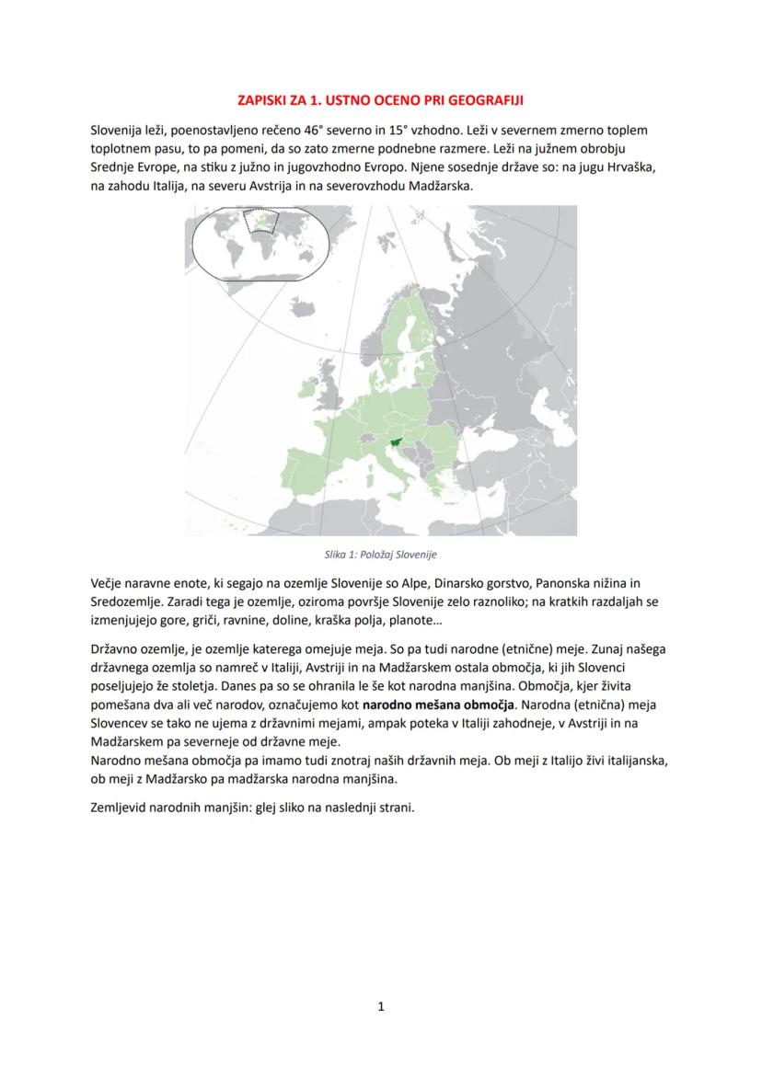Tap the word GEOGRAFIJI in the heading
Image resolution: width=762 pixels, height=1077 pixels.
[x=490, y=99]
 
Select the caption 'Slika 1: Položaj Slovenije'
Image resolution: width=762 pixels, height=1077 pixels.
[x=380, y=555]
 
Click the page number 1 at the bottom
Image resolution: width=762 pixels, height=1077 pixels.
[x=381, y=1007]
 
